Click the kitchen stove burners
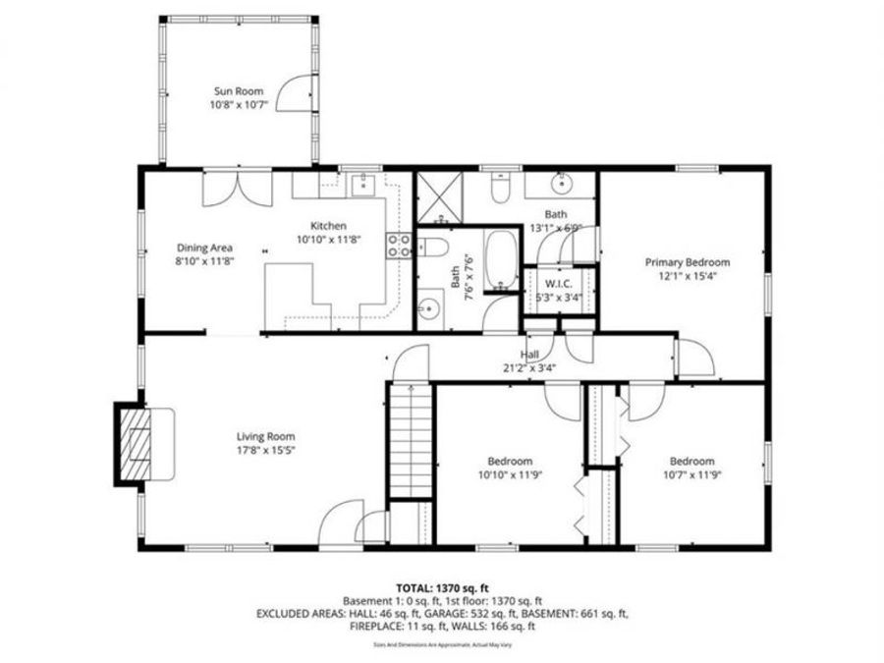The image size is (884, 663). (x=400, y=245)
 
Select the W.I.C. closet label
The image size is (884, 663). (x=558, y=285)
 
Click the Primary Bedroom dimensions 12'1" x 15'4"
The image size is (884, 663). (x=687, y=277)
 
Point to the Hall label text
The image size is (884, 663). (x=529, y=355)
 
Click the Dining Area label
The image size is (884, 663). (x=204, y=248)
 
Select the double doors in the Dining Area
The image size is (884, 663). (x=235, y=189)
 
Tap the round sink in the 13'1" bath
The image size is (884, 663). (x=562, y=184)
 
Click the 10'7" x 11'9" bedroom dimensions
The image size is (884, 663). (x=691, y=475)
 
